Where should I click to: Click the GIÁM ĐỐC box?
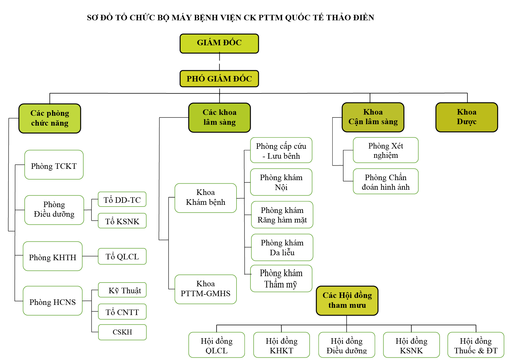tap(219, 43)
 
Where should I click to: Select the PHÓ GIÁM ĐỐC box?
tap(219, 79)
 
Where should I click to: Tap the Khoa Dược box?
tap(466, 117)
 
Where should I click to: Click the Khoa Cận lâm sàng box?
tap(373, 117)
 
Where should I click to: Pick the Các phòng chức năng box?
tap(50, 118)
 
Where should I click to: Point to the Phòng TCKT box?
tap(54, 165)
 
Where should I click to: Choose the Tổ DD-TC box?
tap(122, 200)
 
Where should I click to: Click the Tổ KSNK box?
tap(122, 221)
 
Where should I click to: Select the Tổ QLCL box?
tap(122, 256)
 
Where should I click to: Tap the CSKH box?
tap(122, 332)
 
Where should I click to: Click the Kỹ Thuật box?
tap(122, 290)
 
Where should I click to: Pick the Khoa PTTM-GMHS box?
tap(205, 289)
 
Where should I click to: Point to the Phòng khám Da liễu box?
tap(282, 247)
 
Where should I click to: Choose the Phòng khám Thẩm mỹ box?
tap(281, 278)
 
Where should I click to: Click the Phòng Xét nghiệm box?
tap(385, 150)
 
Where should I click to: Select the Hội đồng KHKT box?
tap(281, 345)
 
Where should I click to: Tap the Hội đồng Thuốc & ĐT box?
tap(476, 345)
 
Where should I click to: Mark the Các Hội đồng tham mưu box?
tap(347, 300)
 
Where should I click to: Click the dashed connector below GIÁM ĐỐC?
tap(219, 61)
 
